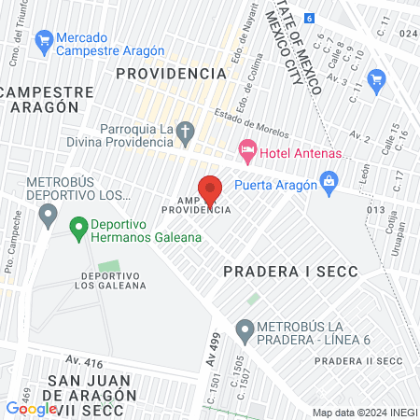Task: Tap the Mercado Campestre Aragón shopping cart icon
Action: [42, 40]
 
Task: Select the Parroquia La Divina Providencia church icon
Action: [186, 133]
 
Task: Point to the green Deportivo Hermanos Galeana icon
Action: [77, 226]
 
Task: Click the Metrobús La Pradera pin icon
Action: [245, 329]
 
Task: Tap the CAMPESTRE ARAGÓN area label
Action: [48, 100]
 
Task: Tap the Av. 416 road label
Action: [85, 359]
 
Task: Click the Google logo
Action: [31, 408]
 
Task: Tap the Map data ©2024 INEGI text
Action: [363, 413]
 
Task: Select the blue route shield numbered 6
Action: [311, 18]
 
